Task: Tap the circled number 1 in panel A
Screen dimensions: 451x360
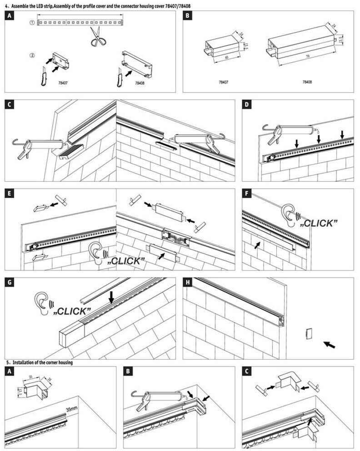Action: pos(32,22)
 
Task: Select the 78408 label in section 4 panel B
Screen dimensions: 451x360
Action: pos(307,82)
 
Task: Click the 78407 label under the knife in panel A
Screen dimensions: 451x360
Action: pos(63,83)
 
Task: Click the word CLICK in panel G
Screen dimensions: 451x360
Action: pos(72,311)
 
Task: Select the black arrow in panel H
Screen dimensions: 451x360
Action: pos(331,344)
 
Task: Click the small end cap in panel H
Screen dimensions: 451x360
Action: pos(308,334)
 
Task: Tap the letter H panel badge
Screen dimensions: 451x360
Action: pos(188,282)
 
